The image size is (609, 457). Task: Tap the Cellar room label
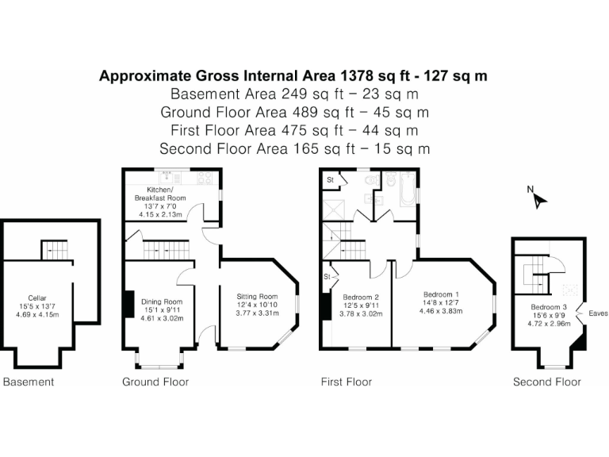click(x=37, y=298)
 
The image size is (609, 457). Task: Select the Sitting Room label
click(x=257, y=297)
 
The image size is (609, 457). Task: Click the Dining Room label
click(x=162, y=301)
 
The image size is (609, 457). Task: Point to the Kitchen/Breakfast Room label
click(x=160, y=194)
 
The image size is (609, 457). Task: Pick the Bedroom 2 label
click(x=361, y=298)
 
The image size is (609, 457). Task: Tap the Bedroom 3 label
click(x=549, y=306)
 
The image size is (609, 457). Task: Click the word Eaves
click(x=598, y=313)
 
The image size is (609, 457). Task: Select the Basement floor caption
click(x=29, y=382)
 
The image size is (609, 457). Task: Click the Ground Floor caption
click(x=155, y=382)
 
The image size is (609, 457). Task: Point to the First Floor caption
click(x=347, y=382)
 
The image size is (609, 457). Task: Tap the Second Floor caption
click(x=547, y=382)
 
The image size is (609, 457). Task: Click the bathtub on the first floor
click(x=408, y=189)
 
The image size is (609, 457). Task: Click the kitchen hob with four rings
click(x=205, y=178)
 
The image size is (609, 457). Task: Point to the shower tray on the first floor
click(x=334, y=210)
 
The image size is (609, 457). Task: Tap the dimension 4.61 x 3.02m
click(x=162, y=318)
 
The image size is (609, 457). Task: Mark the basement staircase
click(x=55, y=250)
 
